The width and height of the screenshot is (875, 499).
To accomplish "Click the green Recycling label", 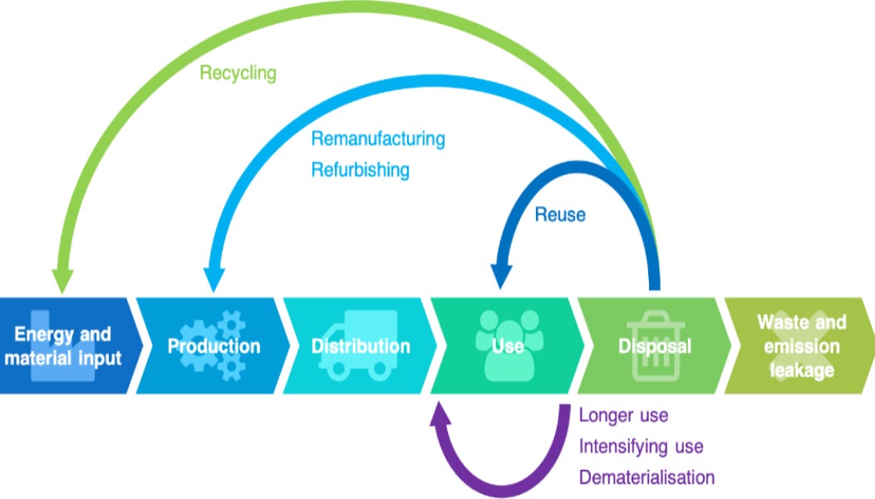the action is tap(238, 73).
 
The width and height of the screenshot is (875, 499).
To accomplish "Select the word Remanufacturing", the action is tap(378, 139).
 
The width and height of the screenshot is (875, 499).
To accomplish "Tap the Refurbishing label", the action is tap(360, 169).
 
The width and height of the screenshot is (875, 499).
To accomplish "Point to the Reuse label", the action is tap(560, 214).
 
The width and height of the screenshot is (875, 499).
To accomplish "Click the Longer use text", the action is tap(623, 415).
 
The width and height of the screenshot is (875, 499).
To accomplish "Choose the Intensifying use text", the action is tap(641, 447).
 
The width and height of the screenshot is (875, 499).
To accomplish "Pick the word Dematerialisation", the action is tap(646, 477).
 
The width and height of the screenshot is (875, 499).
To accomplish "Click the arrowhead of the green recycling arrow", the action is tap(62, 281).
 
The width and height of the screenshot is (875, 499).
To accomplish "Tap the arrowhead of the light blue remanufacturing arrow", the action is tap(214, 279).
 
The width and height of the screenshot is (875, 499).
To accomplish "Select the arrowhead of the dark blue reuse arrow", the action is tap(500, 276).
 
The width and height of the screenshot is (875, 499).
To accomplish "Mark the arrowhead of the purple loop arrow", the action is tap(440, 413).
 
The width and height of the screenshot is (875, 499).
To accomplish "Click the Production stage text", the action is tap(214, 346).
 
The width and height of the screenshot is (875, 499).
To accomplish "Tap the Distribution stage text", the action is tap(361, 346).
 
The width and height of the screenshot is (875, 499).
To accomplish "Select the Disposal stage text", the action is tap(655, 346).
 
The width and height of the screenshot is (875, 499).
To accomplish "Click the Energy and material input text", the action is tap(62, 345).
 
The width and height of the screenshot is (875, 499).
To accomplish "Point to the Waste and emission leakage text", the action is tap(801, 346).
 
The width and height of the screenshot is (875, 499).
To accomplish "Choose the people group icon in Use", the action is tap(509, 345).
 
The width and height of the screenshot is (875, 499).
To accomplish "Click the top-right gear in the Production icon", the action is tap(231, 324).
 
